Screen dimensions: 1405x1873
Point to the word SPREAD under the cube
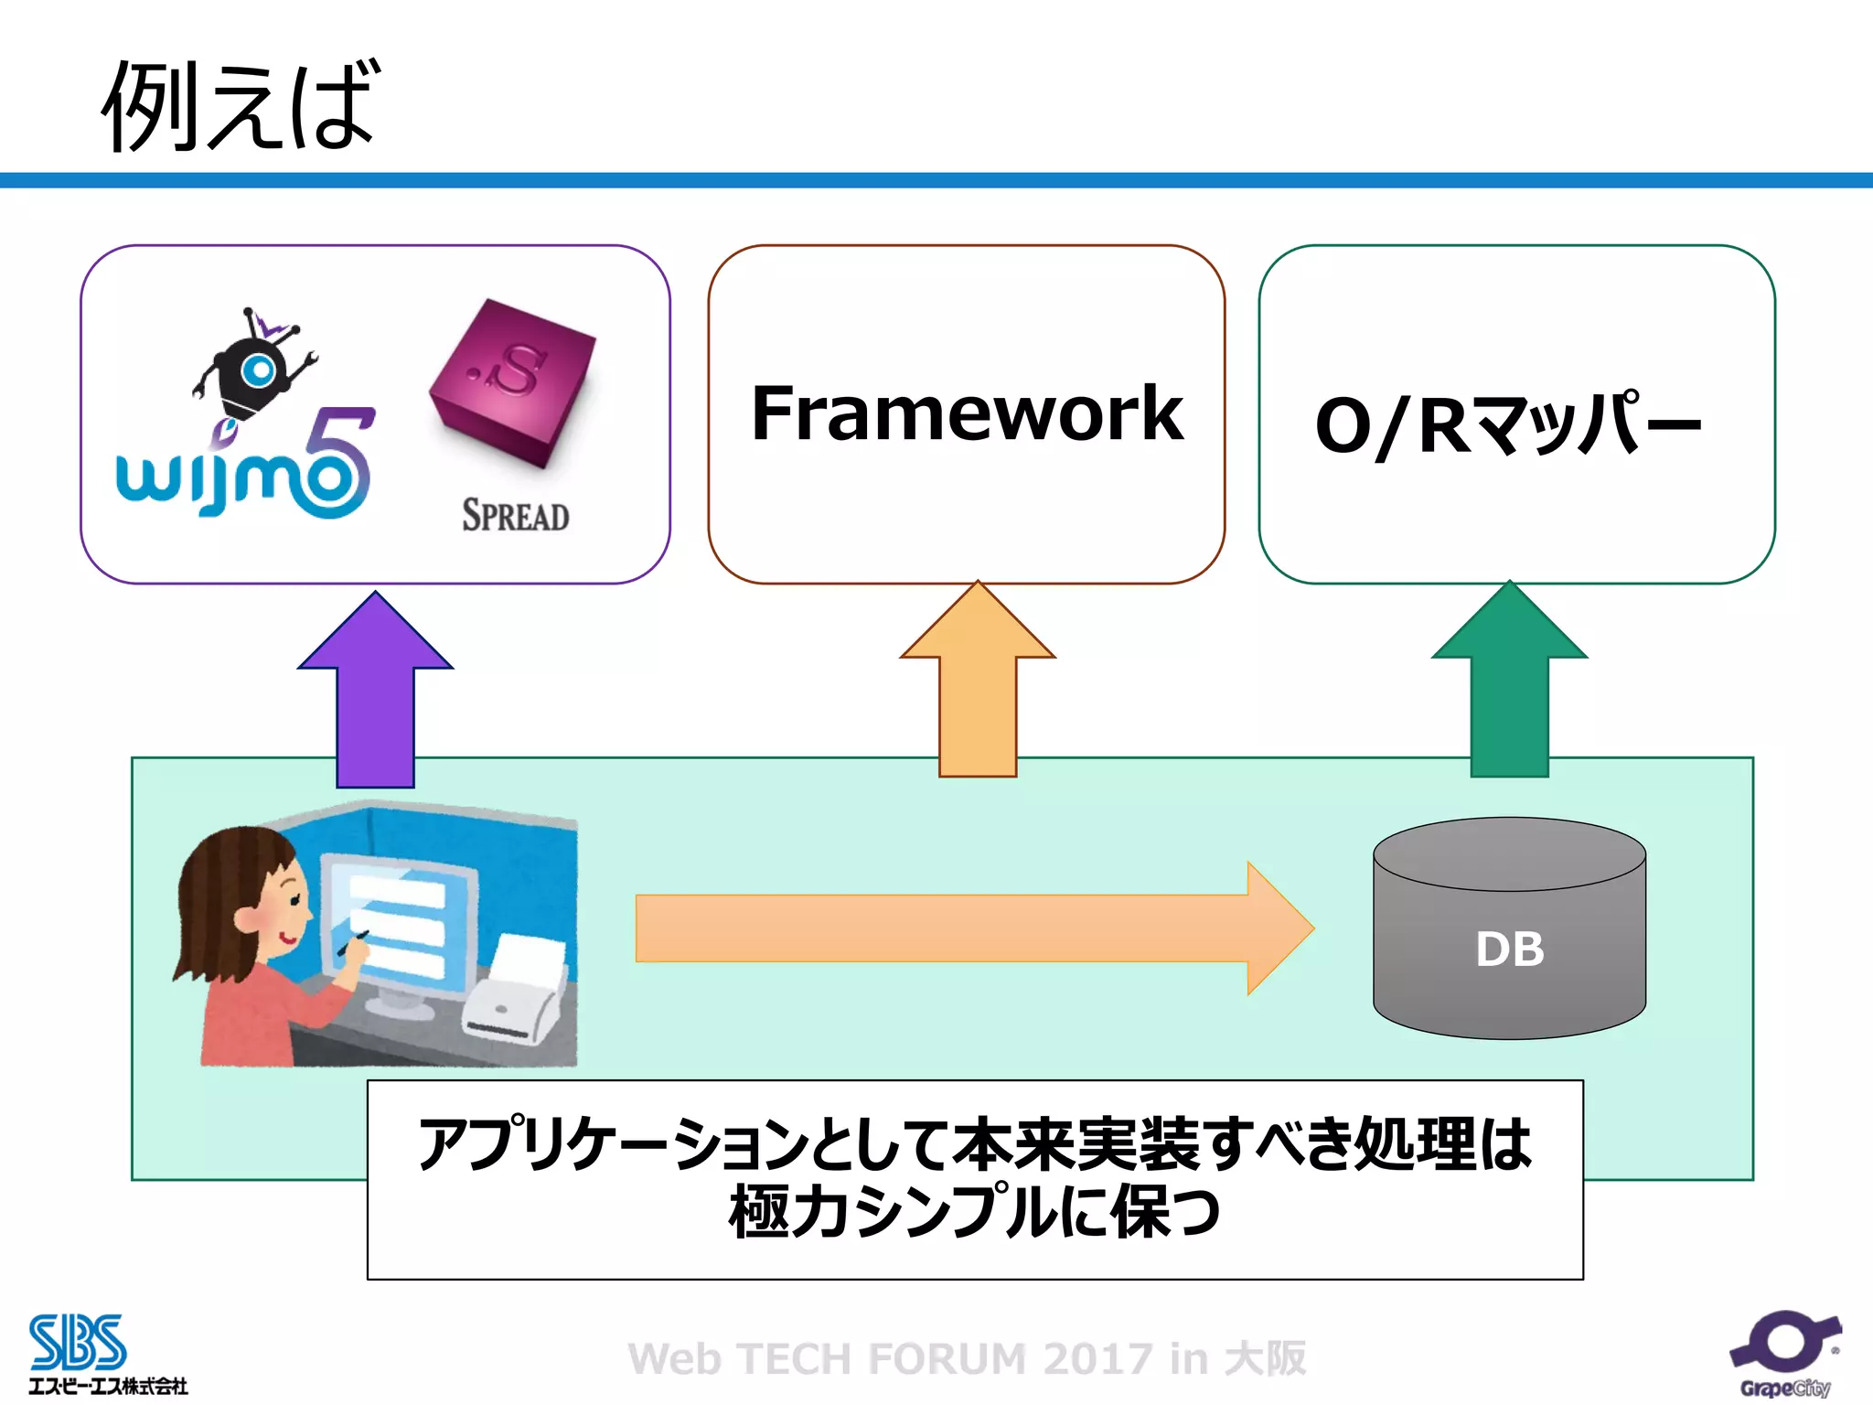coord(515,516)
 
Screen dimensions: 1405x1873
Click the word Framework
coord(967,413)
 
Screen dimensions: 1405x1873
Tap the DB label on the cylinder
coord(1509,949)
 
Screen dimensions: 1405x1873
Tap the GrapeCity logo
coord(1784,1354)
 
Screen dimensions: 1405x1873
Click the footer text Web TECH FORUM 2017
coord(967,1358)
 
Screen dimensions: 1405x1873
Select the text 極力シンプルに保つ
coord(975,1212)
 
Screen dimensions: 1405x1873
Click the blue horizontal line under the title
coord(936,180)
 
